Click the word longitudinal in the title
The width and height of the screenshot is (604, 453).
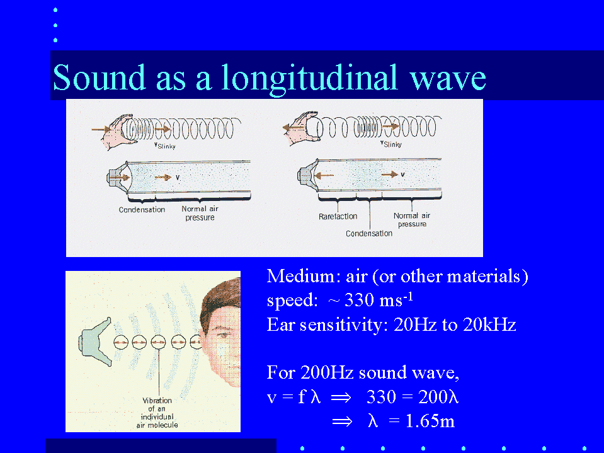309,79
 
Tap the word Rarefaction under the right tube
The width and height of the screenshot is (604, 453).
338,217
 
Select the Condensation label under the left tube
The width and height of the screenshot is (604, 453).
142,210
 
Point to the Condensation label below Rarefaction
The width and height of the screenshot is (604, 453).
368,234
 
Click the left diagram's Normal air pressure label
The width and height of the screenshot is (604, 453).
200,213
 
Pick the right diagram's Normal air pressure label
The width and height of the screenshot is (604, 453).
412,219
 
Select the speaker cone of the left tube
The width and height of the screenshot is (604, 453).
118,178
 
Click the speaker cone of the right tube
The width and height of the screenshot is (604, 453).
307,175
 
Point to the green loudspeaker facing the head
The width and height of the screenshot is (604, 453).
95,341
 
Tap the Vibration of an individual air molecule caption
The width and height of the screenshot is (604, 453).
157,413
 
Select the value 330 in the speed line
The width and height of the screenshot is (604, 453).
359,300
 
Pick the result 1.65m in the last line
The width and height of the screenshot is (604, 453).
430,421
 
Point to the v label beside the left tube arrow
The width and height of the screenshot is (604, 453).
178,177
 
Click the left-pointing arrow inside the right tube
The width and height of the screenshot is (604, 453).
324,176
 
